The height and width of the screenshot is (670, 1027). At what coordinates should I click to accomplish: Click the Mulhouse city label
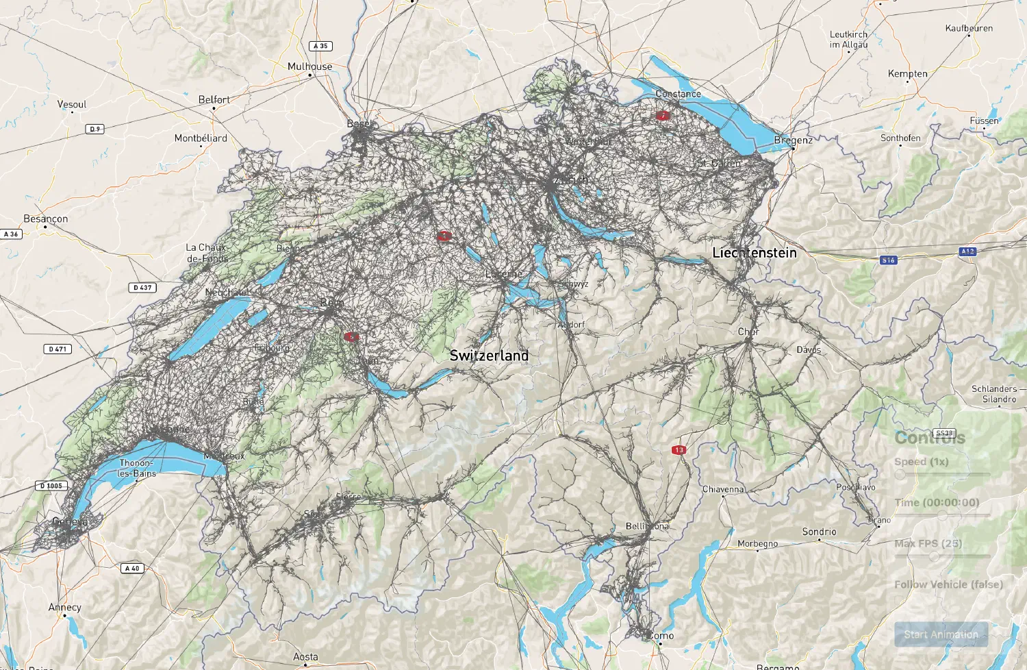click(x=309, y=66)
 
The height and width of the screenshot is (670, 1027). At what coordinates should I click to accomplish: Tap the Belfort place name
click(x=214, y=99)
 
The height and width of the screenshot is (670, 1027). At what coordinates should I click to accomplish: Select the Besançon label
click(x=45, y=219)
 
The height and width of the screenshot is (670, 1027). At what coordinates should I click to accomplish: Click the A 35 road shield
click(x=320, y=46)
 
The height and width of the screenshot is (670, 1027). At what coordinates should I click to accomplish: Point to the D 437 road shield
click(x=142, y=288)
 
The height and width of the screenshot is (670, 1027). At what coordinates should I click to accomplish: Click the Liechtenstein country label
click(x=755, y=253)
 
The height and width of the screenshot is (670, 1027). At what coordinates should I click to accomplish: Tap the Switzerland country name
click(x=489, y=356)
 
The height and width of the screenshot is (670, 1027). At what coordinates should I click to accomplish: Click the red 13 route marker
click(x=679, y=450)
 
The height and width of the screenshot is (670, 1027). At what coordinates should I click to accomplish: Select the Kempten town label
click(x=907, y=73)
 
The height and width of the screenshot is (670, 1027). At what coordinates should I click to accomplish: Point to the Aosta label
click(x=305, y=656)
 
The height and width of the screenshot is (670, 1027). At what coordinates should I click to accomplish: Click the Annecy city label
click(x=64, y=607)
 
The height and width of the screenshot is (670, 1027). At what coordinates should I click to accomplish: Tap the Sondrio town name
click(x=819, y=532)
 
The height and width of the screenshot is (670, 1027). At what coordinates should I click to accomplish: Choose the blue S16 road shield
click(x=888, y=260)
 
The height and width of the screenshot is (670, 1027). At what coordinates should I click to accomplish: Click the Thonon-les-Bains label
click(x=137, y=468)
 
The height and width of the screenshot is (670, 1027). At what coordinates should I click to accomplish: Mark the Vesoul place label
click(x=72, y=104)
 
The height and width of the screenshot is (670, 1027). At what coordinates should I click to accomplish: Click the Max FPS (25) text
click(x=928, y=543)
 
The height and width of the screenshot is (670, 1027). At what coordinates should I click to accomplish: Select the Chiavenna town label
click(x=723, y=489)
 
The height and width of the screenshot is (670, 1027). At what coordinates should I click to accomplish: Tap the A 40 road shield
click(x=133, y=568)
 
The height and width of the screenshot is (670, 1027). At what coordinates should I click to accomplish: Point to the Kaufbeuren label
click(x=969, y=28)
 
